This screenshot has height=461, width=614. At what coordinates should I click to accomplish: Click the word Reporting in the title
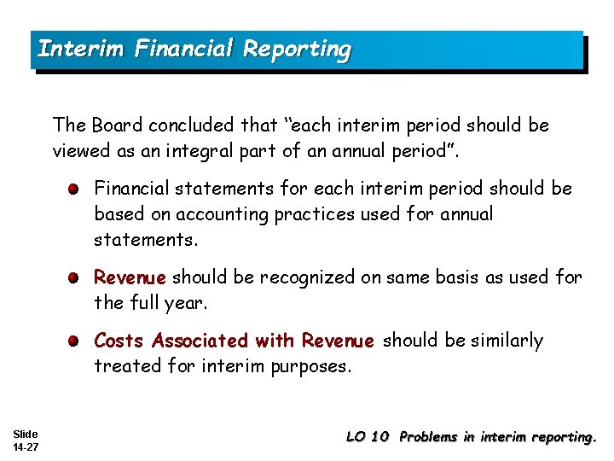pyautogui.click(x=296, y=50)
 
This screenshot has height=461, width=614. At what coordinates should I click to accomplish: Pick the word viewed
pyautogui.click(x=79, y=152)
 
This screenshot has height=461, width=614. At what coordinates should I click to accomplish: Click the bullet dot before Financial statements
pyautogui.click(x=76, y=188)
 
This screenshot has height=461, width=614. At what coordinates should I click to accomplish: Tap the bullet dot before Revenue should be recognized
pyautogui.click(x=76, y=277)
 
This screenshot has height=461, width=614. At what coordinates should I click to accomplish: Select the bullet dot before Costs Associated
pyautogui.click(x=76, y=341)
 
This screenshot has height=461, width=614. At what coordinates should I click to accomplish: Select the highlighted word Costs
pyautogui.click(x=119, y=341)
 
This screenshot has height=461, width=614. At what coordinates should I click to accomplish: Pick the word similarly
pyautogui.click(x=501, y=341)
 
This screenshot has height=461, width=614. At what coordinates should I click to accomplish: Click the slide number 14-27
pyautogui.click(x=26, y=446)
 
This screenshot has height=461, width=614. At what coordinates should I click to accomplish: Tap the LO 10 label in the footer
pyautogui.click(x=368, y=437)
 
